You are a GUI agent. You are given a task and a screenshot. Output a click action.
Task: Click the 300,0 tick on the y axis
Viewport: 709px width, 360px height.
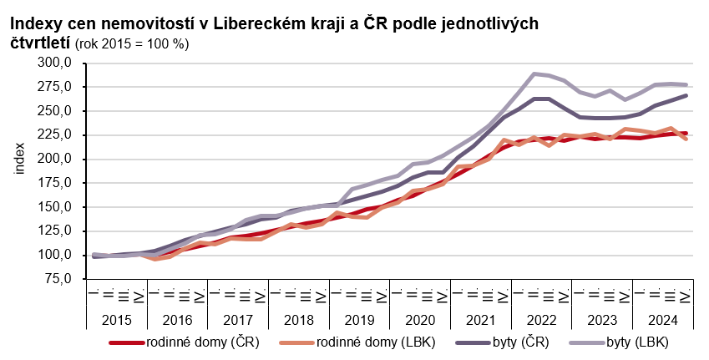point(59,63)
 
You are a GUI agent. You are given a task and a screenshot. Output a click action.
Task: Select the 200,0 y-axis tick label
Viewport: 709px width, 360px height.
point(59,159)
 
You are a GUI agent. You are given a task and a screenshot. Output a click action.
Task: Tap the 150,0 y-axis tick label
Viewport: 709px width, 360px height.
point(59,207)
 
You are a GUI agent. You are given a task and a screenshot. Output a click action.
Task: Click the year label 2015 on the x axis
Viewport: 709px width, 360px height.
point(117,320)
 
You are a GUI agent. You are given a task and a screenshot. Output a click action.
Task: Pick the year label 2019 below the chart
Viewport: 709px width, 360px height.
point(360,320)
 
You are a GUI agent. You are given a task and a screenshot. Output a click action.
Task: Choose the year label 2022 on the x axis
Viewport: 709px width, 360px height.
point(542,320)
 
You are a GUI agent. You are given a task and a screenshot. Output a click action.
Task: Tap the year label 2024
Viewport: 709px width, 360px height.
point(664,320)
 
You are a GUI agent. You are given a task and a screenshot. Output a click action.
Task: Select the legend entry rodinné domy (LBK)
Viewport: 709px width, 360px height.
point(368,342)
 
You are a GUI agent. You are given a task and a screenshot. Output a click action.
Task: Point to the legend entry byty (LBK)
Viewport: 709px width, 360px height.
point(639,342)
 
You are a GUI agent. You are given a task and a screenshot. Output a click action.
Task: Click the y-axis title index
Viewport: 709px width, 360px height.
point(19,160)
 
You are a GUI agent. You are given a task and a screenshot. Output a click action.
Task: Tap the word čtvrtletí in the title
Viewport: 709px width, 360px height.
point(40,42)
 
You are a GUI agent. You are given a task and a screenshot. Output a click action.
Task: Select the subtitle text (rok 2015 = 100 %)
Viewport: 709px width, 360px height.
point(132,43)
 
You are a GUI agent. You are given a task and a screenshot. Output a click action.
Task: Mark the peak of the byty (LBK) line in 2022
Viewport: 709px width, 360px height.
point(534,74)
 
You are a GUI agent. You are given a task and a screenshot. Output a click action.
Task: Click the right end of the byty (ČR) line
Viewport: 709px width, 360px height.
point(686,95)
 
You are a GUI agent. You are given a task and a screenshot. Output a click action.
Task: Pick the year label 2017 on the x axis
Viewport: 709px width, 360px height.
point(238,320)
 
